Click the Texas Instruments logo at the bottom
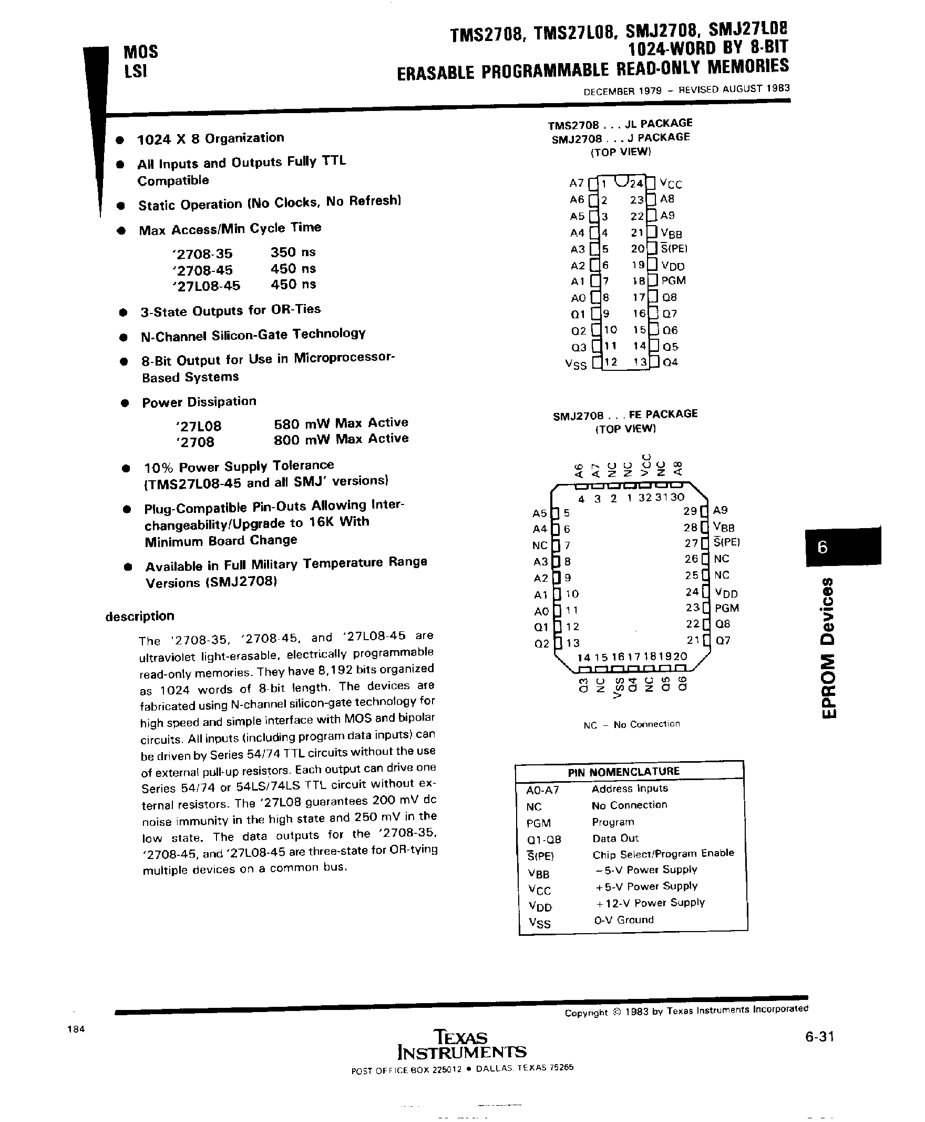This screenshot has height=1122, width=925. coord(461,1044)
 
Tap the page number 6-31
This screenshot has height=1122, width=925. coord(819,1036)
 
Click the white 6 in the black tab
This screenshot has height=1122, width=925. coord(823,547)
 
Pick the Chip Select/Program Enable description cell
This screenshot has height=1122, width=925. coord(663,853)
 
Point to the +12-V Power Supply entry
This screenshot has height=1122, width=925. coord(650,902)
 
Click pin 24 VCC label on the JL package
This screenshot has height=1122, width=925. coord(670,184)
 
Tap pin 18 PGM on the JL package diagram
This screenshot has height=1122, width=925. coord(673,280)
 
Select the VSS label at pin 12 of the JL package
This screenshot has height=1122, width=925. coord(575,364)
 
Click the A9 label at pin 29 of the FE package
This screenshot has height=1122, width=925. coord(721,510)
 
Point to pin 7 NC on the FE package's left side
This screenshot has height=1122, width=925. coord(540,545)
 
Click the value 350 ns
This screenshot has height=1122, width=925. coord(293,252)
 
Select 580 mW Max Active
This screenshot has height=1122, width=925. coord(341,423)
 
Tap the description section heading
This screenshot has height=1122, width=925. coord(140,616)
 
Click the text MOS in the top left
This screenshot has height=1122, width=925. coord(141,52)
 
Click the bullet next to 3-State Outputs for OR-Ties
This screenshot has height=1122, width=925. coord(123,312)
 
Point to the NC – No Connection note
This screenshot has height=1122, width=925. coord(632,724)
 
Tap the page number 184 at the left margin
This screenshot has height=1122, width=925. coord(76,1029)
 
